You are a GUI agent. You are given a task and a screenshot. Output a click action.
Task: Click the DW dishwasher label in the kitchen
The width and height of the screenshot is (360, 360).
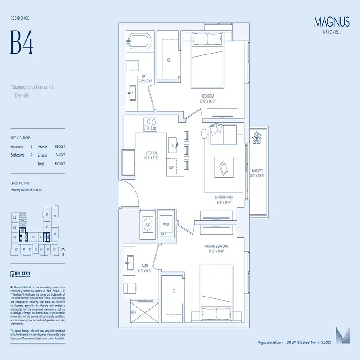tap(171, 167)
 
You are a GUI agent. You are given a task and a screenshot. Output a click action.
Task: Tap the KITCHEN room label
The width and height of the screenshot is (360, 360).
tap(151, 153)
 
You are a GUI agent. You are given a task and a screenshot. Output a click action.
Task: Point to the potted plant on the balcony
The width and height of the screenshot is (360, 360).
tap(258, 138)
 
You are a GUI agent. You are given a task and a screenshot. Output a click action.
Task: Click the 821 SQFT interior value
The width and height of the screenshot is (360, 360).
tap(60, 147)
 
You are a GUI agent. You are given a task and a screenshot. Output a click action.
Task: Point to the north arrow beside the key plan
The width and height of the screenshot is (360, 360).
tap(63, 249)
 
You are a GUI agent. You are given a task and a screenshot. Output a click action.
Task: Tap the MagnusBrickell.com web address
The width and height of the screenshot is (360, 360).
tap(271, 343)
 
